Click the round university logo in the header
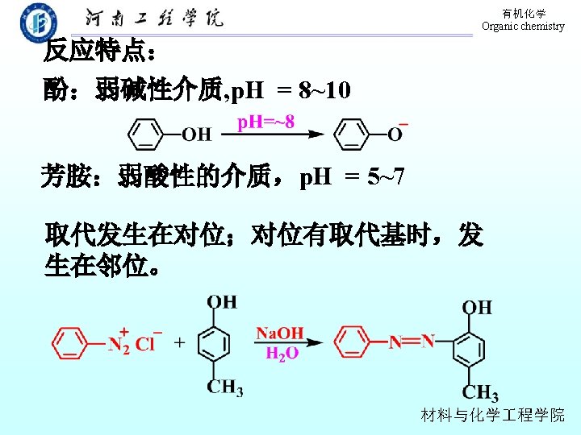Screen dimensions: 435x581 point(38,22)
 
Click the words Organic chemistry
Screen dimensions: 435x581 point(523,27)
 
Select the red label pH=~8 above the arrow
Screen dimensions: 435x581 point(265,122)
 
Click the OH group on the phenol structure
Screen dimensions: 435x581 point(196,134)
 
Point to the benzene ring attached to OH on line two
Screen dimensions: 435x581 point(147,134)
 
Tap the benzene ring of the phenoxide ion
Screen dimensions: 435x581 point(352,134)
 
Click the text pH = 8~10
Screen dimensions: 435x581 point(290,90)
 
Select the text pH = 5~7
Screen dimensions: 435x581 point(353,176)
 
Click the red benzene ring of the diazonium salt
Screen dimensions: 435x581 point(71,343)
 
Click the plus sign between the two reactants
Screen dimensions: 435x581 point(178,342)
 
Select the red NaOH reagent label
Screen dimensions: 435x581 point(280,333)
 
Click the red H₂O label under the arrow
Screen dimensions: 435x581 point(282,353)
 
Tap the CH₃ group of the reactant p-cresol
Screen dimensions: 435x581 point(224,387)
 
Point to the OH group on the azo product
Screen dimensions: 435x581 point(476,307)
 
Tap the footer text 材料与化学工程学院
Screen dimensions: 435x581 point(493,416)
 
